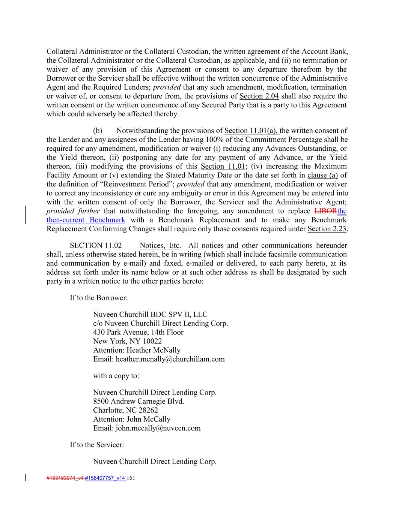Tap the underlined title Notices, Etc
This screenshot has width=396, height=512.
coord(160,246)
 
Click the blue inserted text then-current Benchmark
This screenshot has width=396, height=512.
coord(86,220)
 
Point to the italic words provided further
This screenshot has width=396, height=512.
coord(73,211)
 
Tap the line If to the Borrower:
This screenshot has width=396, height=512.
coord(99,298)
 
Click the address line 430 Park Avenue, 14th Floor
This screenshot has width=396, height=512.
coord(138,332)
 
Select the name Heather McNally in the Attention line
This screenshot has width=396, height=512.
coord(154,350)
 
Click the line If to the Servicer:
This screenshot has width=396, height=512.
coord(97,445)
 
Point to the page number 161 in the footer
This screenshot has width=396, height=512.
coord(131,478)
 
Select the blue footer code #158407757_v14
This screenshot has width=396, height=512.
coord(105,478)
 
